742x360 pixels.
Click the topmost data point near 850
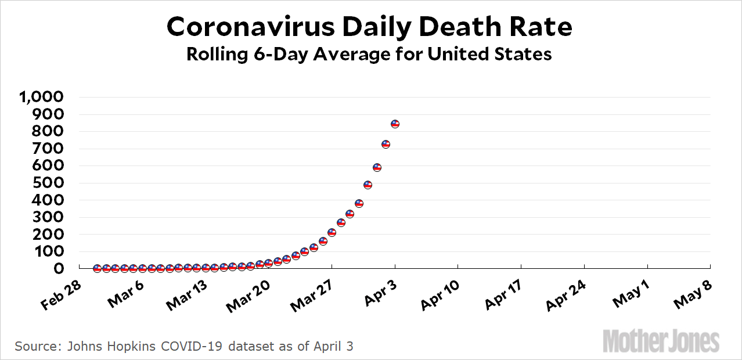pyautogui.click(x=395, y=124)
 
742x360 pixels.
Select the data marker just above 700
pyautogui.click(x=386, y=144)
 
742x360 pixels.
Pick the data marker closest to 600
pyautogui.click(x=377, y=167)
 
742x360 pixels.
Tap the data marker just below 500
pyautogui.click(x=368, y=185)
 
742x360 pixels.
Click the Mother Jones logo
pyautogui.click(x=661, y=340)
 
